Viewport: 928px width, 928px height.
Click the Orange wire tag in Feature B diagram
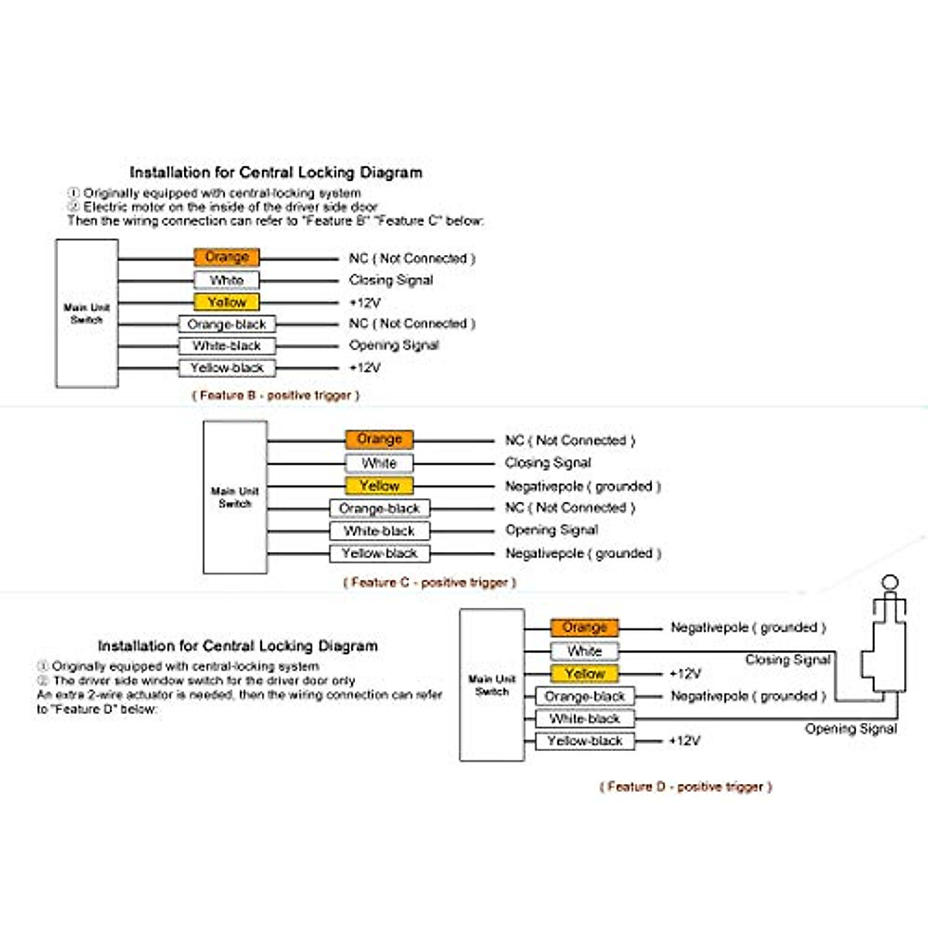coord(227,257)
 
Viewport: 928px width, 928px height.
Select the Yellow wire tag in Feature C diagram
coord(379,486)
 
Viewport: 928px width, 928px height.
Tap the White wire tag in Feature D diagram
coord(585,651)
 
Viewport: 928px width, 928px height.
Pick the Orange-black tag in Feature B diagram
coord(227,324)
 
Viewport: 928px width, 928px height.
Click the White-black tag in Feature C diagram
coord(379,531)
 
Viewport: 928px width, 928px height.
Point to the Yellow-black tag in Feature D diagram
coord(585,741)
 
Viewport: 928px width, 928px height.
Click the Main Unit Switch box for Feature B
coord(87,313)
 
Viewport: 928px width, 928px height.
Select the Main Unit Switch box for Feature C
coord(235,497)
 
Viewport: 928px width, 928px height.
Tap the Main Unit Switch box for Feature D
coord(492,685)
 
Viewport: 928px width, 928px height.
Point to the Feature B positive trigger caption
coord(275,395)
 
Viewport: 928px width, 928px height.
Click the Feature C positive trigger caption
coord(429,582)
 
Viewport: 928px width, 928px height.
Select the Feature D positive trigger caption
coord(685,786)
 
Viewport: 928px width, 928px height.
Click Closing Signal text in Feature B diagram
coord(391,280)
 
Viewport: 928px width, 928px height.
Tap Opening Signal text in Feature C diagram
coord(551,531)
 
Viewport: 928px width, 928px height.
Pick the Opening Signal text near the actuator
coord(851,728)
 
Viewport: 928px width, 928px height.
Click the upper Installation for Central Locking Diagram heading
coord(275,172)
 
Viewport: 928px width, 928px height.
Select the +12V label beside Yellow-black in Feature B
coord(364,368)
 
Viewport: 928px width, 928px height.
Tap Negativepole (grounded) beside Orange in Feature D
coord(748,627)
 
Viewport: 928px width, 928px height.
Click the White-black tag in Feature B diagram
coord(227,346)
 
